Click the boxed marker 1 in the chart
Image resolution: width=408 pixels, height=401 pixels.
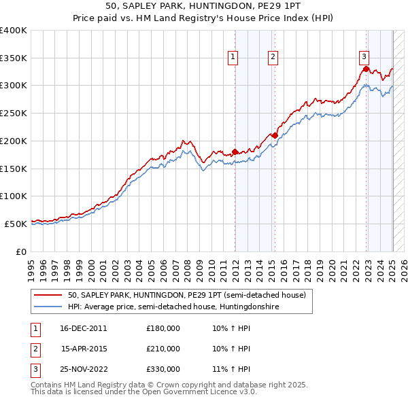pos(233,58)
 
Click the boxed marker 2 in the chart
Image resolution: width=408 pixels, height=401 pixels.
pos(273,58)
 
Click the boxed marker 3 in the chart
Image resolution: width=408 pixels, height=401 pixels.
pos(364,58)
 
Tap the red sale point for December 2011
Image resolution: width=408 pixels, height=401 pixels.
pos(235,152)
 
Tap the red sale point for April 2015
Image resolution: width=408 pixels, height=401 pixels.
pos(275,135)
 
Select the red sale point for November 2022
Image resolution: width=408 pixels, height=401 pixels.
pos(366,69)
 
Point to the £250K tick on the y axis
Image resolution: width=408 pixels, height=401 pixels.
pos(14,113)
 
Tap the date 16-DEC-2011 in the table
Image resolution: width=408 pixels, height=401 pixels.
pos(84,328)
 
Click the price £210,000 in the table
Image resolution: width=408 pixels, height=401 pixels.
pos(163,349)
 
